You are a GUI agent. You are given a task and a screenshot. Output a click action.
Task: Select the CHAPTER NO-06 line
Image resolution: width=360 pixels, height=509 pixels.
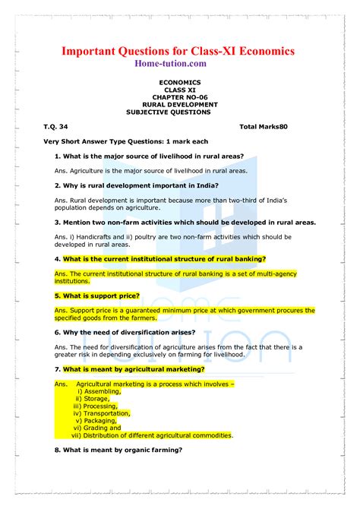pyautogui.click(x=180, y=96)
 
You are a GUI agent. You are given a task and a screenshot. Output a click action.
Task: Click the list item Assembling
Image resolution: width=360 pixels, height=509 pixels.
pyautogui.click(x=104, y=391)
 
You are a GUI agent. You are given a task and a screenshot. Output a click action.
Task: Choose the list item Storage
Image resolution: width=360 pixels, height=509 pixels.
pyautogui.click(x=96, y=399)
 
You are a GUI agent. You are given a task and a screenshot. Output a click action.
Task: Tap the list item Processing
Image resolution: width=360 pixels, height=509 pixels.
pyautogui.click(x=101, y=406)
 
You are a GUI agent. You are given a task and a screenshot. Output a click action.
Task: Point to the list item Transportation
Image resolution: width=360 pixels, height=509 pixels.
pyautogui.click(x=107, y=413)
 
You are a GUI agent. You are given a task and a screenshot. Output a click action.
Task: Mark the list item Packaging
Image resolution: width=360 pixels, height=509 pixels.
pyautogui.click(x=100, y=421)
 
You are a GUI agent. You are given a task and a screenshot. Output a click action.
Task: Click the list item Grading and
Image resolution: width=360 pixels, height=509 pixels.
pyautogui.click(x=103, y=428)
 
